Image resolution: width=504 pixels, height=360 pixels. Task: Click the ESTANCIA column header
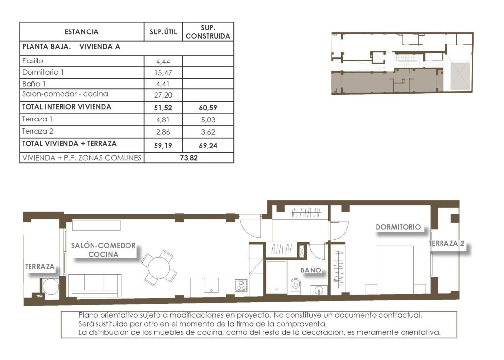[x=81, y=32]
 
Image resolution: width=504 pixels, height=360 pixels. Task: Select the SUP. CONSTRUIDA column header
[x=208, y=32]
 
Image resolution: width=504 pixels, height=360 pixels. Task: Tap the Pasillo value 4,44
[x=162, y=61]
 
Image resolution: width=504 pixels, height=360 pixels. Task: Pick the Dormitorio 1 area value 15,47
[x=162, y=73]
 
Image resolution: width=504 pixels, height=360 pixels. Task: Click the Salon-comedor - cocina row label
[x=65, y=94]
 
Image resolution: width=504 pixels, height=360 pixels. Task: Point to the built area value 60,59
[x=208, y=107]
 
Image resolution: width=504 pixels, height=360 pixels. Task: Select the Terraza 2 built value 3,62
[x=208, y=132]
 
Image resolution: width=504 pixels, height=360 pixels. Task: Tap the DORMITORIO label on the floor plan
[x=398, y=227]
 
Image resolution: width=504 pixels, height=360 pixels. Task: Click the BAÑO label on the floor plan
[x=311, y=270]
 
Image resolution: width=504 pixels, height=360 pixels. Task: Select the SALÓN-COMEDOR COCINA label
[x=103, y=250]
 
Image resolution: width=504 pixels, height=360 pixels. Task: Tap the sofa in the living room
[x=94, y=285]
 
